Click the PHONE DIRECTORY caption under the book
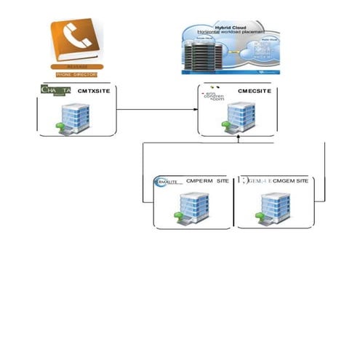(x=77, y=74)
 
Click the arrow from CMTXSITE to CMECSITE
(x=156, y=110)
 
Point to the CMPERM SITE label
(x=208, y=180)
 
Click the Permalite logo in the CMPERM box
(x=167, y=182)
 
